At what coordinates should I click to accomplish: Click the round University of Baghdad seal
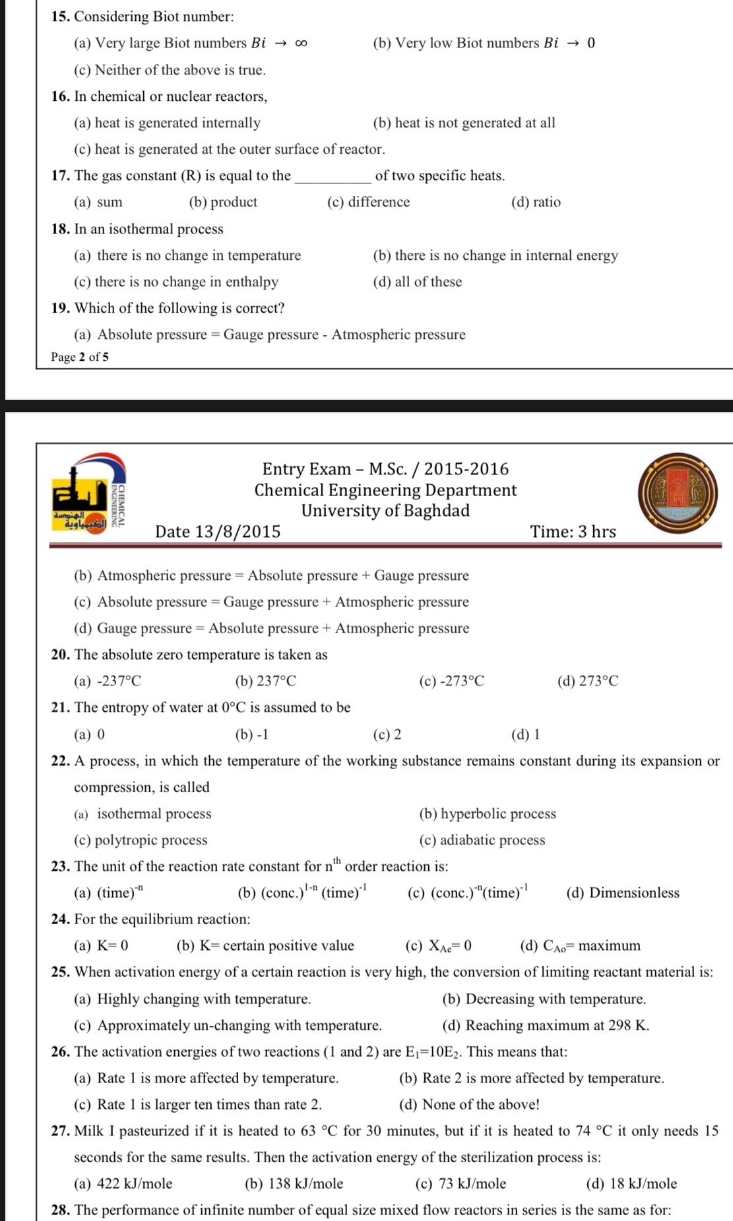pyautogui.click(x=678, y=494)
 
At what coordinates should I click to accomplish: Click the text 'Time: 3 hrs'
pyautogui.click(x=573, y=532)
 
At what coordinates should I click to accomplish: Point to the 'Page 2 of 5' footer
pyautogui.click(x=80, y=357)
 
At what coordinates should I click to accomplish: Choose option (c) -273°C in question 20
pyautogui.click(x=451, y=681)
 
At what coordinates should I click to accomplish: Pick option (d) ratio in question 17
pyautogui.click(x=536, y=202)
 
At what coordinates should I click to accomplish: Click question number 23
pyautogui.click(x=61, y=866)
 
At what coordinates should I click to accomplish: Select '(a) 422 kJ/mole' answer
pyautogui.click(x=123, y=1183)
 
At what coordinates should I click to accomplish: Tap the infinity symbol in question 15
pyautogui.click(x=301, y=44)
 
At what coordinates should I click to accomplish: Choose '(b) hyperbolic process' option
pyautogui.click(x=488, y=813)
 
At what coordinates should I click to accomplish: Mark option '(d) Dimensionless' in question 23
pyautogui.click(x=622, y=892)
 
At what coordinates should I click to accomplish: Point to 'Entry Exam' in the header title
pyautogui.click(x=306, y=469)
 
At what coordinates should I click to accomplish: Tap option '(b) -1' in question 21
pyautogui.click(x=251, y=734)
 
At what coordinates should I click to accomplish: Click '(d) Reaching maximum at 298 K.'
pyautogui.click(x=546, y=1025)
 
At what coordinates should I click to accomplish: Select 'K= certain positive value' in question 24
pyautogui.click(x=265, y=945)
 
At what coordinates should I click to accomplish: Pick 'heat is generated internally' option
pyautogui.click(x=167, y=123)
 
